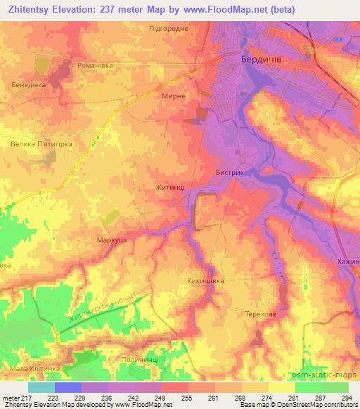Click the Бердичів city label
261,60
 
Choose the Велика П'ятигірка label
41,143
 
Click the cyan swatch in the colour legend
41,387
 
